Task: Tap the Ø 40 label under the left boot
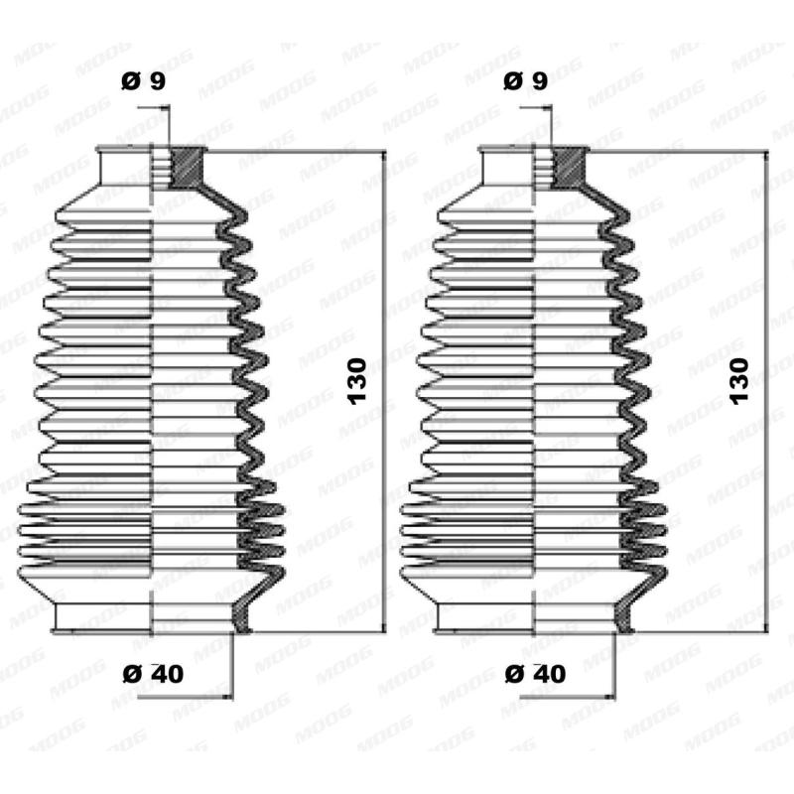click(x=153, y=673)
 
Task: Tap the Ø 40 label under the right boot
click(x=535, y=673)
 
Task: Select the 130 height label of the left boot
click(x=356, y=381)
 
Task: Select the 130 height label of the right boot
click(x=739, y=381)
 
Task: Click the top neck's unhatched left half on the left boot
click(x=126, y=167)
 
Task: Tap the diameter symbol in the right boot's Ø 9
click(x=513, y=82)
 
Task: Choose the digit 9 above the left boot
click(x=157, y=82)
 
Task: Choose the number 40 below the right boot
click(x=549, y=673)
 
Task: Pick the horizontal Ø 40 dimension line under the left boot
click(x=189, y=696)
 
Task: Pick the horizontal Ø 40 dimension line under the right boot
click(x=571, y=696)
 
